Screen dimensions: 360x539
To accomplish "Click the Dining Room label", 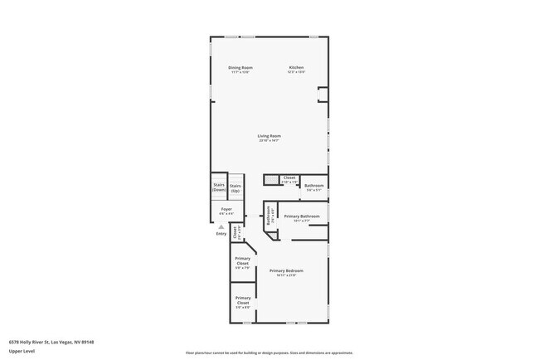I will (x=240, y=67).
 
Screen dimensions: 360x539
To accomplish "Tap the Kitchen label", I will (x=296, y=67).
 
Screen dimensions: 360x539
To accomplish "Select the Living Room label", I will (x=269, y=135).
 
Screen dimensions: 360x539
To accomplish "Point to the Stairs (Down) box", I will (x=219, y=187).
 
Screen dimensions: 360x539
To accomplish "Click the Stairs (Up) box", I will (x=236, y=188).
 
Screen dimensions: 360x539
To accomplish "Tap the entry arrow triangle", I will (x=221, y=226).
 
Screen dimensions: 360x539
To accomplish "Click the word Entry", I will (x=221, y=233).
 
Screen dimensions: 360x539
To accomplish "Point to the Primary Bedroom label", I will (x=286, y=270).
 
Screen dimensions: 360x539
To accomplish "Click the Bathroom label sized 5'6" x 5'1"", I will (x=313, y=186).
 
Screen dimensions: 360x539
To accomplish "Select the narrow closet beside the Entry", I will (x=236, y=233).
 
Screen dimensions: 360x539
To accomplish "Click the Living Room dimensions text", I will (x=269, y=140).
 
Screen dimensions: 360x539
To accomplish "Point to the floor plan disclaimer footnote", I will (x=269, y=353).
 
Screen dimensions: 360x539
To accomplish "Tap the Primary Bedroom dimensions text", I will (x=286, y=275).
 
